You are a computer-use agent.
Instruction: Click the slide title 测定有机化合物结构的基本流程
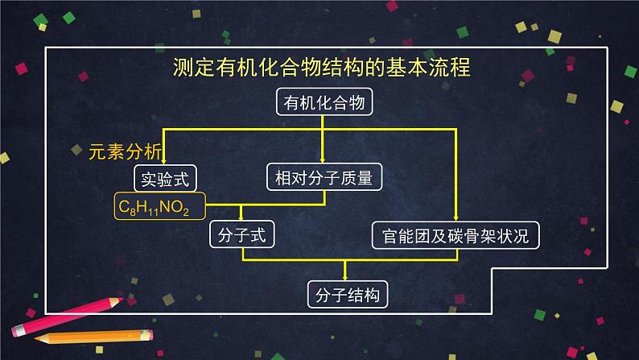point(321,68)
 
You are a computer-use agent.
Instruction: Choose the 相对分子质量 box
point(323,176)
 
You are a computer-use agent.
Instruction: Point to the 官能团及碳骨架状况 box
point(456,235)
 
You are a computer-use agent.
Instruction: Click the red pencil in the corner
point(64,316)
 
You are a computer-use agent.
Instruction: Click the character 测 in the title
point(183,68)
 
